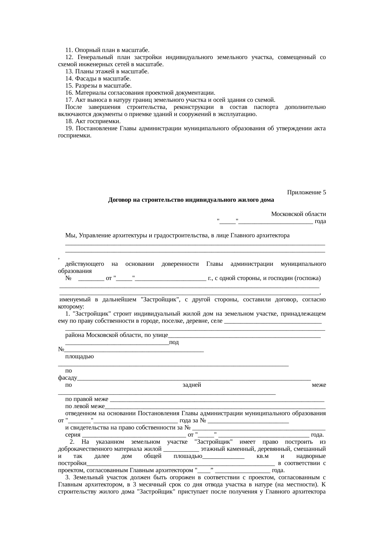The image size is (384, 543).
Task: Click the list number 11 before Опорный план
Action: click(69, 50)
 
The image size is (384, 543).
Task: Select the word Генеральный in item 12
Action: click(94, 57)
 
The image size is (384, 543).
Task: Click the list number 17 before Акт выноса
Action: click(69, 100)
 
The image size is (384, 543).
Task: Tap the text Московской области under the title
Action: click(298, 214)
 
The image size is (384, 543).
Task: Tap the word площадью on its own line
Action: click(80, 356)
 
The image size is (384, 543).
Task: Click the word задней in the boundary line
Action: click(192, 385)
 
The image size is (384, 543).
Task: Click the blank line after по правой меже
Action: click(217, 400)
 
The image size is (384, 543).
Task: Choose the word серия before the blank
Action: click(73, 435)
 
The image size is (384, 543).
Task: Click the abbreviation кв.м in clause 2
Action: click(263, 456)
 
